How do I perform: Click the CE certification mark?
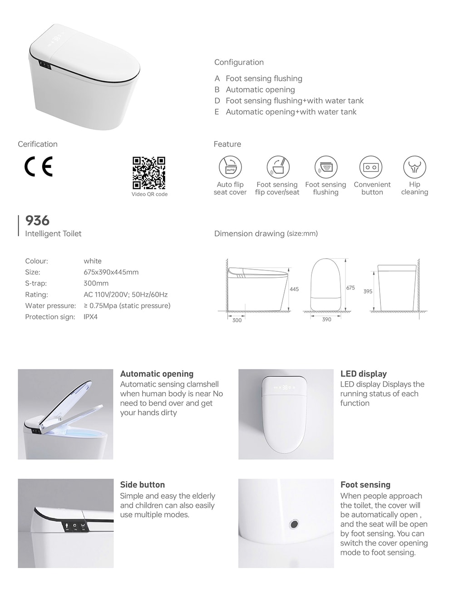[39, 167]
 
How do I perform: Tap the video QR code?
[148, 173]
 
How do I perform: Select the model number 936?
[37, 221]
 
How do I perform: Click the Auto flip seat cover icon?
[230, 167]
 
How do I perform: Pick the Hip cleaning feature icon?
[415, 167]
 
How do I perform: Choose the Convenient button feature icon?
[371, 167]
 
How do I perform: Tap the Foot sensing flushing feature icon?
[326, 167]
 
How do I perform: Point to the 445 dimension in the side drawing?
[294, 289]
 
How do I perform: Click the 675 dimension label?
[350, 288]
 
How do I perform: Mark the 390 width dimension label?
[326, 320]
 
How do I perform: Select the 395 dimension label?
[368, 291]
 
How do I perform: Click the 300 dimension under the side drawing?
[237, 320]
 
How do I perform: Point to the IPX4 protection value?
[90, 317]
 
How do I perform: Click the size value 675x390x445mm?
[111, 272]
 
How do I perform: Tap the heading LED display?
[363, 374]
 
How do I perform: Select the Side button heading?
[142, 485]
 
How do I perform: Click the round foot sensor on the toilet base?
[294, 524]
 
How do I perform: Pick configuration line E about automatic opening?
[286, 112]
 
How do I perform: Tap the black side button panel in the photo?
[75, 526]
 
